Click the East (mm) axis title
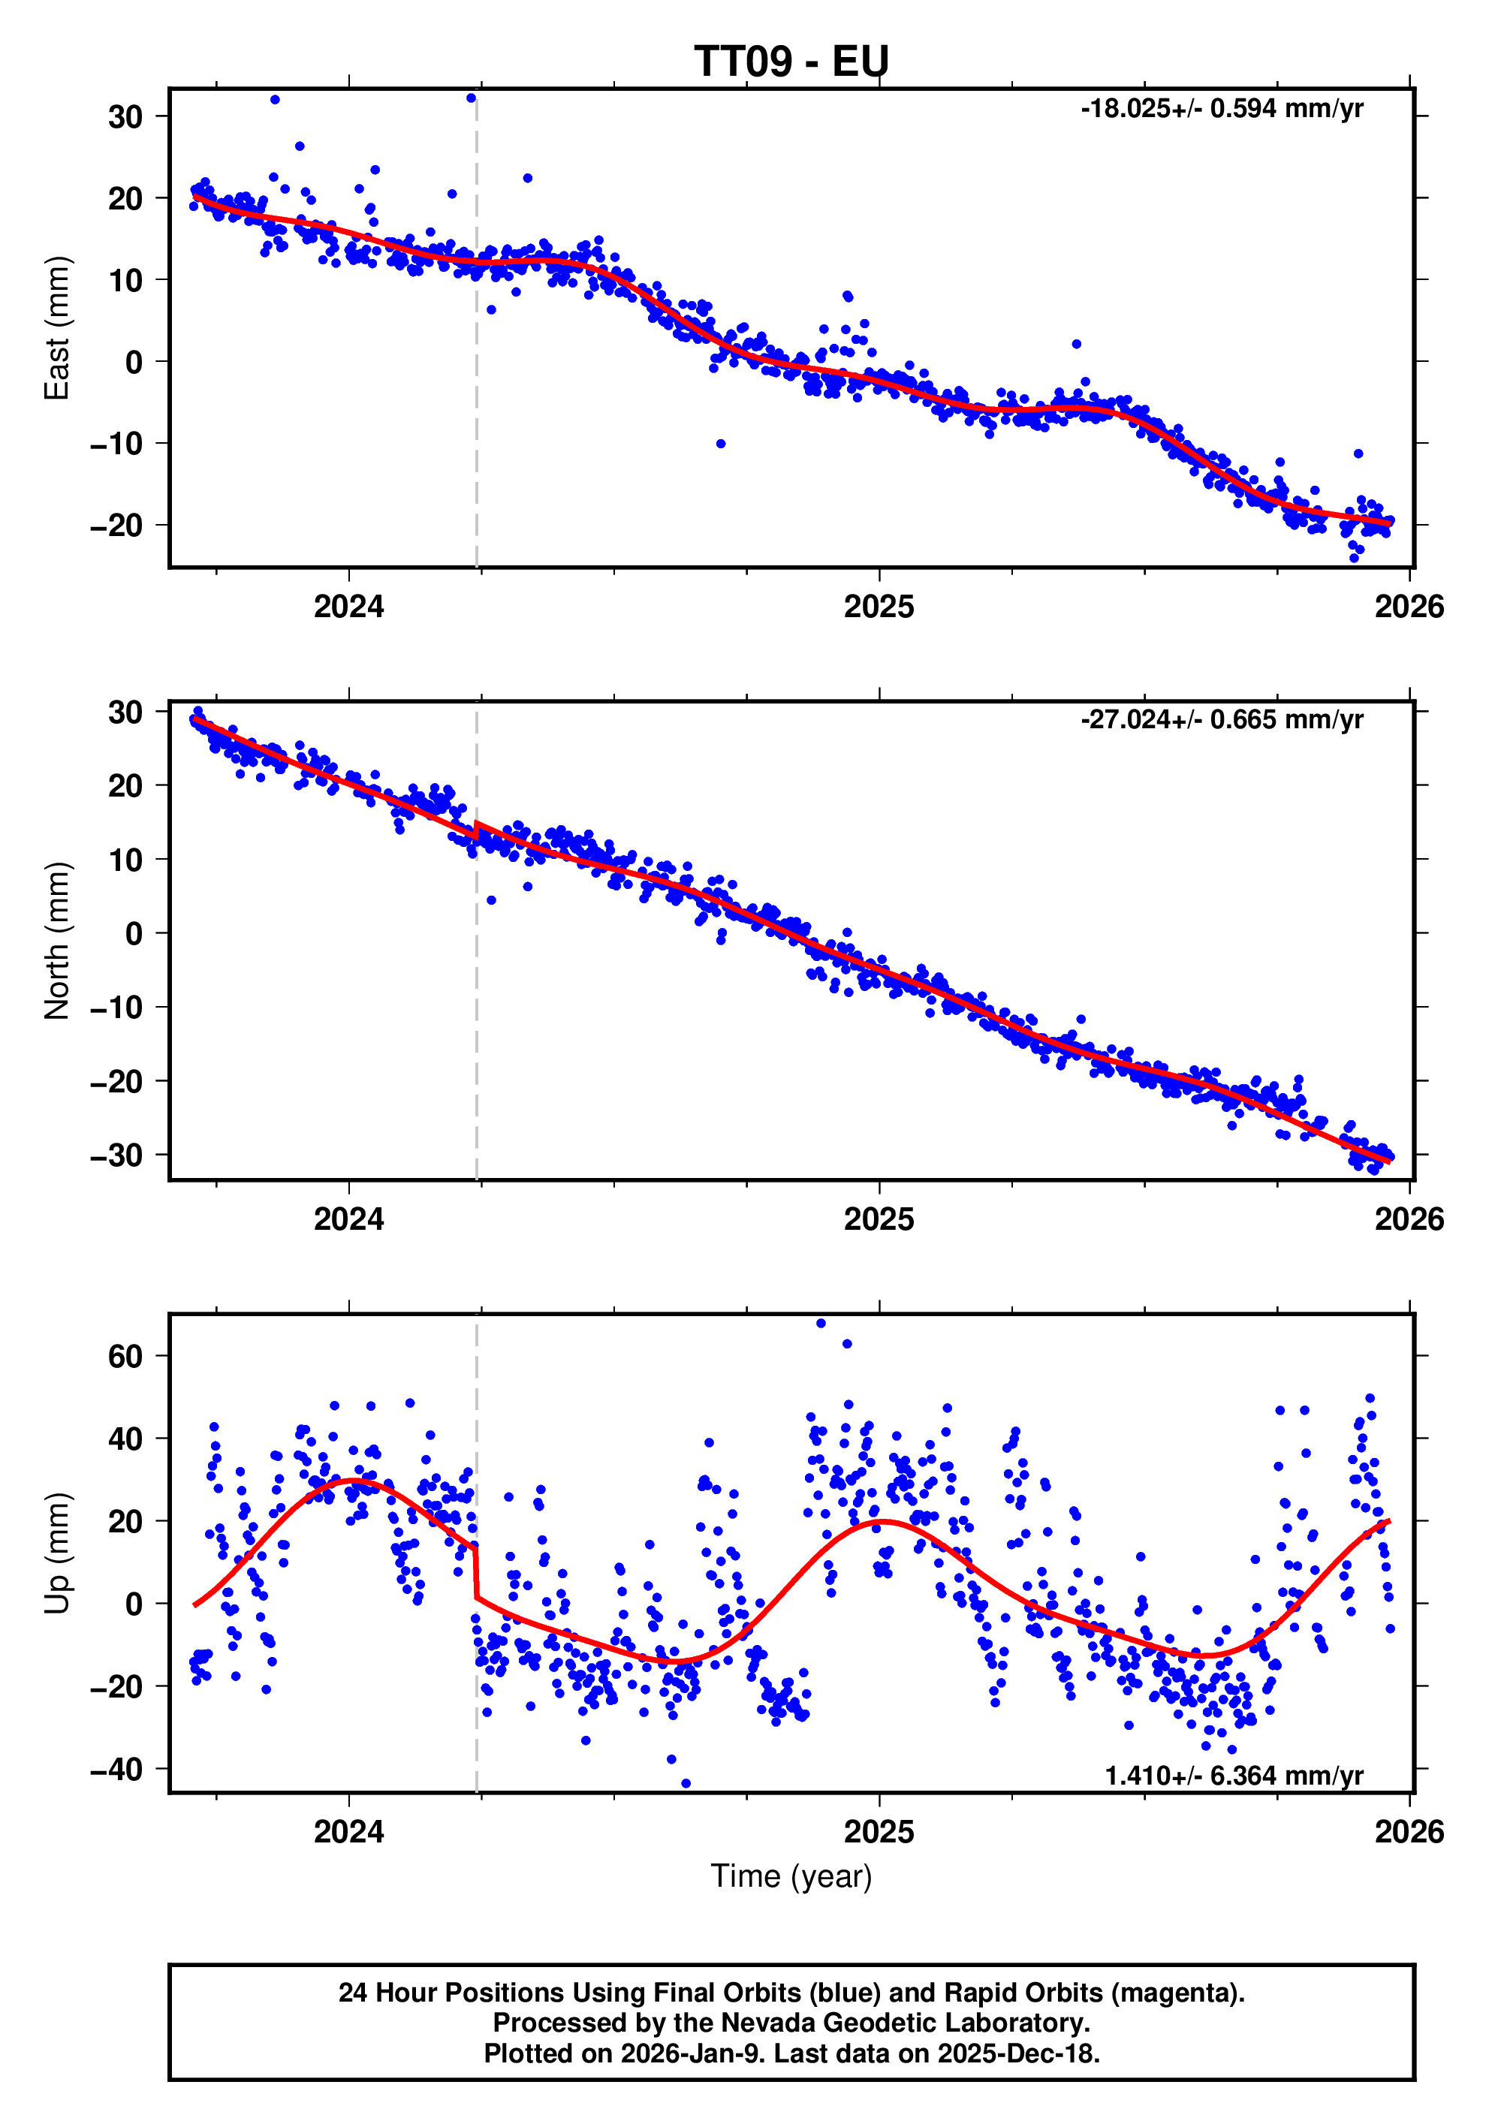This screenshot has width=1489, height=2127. (x=56, y=328)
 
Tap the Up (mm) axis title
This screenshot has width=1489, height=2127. (x=56, y=1553)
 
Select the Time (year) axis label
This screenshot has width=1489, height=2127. (x=791, y=1876)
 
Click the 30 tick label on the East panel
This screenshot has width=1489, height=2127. (x=125, y=116)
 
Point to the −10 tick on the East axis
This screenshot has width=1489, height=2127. (x=116, y=444)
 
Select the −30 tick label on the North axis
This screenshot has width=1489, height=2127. (x=116, y=1155)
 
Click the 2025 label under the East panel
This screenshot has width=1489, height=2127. (x=879, y=607)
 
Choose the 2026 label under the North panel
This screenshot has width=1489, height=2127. (x=1409, y=1219)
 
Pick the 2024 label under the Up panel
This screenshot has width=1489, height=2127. (x=348, y=1831)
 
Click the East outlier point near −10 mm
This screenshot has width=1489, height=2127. (x=721, y=444)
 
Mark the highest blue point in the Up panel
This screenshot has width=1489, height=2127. (x=821, y=1324)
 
